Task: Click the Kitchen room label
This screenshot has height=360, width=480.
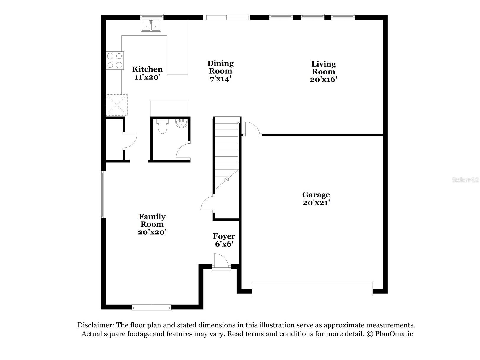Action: (147, 69)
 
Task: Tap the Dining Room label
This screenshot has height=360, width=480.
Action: (220, 67)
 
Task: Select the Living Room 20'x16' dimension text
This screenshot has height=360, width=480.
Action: (324, 80)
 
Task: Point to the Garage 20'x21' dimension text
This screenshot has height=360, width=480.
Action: (316, 203)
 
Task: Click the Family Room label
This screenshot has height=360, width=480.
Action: (152, 220)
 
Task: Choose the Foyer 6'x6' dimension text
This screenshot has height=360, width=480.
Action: (224, 244)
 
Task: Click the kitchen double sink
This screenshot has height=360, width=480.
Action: (151, 26)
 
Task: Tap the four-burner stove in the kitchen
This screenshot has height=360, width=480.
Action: (115, 60)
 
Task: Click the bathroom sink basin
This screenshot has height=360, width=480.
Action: (181, 123)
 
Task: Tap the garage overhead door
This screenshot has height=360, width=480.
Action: (312, 289)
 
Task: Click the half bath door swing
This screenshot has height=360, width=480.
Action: (183, 151)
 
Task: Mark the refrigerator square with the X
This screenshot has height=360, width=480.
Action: (116, 105)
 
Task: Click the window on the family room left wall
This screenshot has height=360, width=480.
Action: (103, 194)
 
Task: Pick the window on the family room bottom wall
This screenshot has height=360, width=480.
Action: (151, 307)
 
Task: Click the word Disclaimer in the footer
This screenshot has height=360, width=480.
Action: (95, 325)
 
